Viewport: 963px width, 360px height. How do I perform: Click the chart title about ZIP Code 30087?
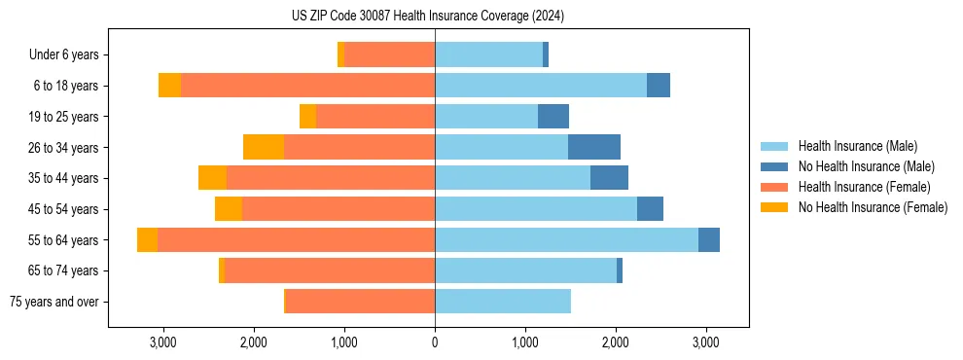428,16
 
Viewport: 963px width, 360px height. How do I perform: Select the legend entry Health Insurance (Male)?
855,146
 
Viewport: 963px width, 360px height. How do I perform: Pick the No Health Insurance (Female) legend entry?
873,207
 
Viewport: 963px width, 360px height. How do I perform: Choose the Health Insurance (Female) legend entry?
864,187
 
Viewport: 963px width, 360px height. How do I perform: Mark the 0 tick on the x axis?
435,342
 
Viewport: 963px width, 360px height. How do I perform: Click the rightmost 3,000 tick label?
706,342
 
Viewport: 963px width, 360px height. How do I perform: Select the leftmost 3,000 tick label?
163,342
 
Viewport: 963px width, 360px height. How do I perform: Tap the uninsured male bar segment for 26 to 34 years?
594,147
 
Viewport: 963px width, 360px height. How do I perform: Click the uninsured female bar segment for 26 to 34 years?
264,147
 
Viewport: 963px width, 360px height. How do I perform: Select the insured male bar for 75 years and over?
503,302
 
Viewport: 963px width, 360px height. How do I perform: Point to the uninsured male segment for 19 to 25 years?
553,117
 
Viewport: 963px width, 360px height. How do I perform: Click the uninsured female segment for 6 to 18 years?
170,86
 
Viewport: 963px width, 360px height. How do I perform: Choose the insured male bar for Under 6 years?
488,55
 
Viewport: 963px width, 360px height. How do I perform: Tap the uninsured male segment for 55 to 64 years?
709,240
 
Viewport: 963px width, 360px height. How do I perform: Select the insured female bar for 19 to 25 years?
375,117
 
